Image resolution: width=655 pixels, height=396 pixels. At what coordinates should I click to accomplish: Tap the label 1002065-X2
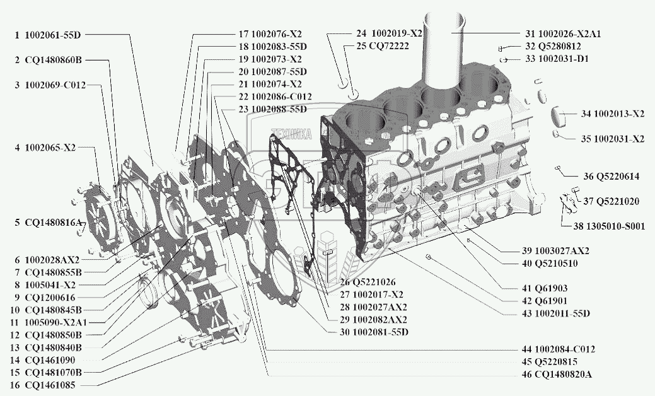50,148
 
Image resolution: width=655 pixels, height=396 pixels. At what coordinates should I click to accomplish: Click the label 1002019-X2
389,33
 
